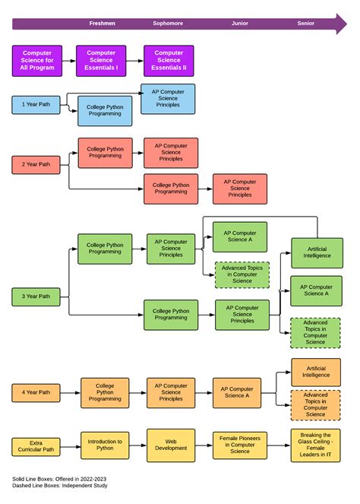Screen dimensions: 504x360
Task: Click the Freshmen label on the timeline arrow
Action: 102,24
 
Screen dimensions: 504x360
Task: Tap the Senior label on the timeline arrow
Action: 305,24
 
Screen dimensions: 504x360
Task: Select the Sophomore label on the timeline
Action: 168,24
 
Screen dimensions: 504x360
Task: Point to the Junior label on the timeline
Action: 239,24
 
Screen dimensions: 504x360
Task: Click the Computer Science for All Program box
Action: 37,61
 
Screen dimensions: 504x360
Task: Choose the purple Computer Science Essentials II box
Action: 169,61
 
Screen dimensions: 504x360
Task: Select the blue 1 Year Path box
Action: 36,104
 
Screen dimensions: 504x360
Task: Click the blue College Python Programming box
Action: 105,111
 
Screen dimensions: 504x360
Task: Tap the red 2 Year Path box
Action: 36,164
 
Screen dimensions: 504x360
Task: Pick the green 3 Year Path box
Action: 36,296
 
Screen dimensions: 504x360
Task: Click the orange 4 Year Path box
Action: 36,392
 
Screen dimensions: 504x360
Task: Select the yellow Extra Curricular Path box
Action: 36,447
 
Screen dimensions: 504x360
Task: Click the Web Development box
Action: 171,445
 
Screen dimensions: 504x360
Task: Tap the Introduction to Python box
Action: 105,445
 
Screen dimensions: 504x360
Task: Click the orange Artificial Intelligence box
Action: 316,372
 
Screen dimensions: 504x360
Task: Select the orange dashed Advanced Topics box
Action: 316,404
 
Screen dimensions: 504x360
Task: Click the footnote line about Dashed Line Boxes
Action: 59,485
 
